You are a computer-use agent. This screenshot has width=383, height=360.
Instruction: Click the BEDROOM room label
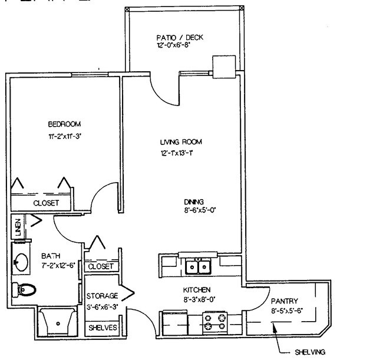pyautogui.click(x=64, y=124)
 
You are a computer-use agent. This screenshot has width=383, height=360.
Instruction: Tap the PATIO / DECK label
pyautogui.click(x=180, y=38)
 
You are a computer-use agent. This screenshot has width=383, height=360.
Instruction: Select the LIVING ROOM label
pyautogui.click(x=181, y=142)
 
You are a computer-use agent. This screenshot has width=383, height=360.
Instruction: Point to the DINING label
pyautogui.click(x=194, y=201)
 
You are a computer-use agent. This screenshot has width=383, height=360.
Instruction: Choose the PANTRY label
pyautogui.click(x=285, y=300)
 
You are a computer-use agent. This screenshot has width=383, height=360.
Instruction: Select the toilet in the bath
pyautogui.click(x=24, y=289)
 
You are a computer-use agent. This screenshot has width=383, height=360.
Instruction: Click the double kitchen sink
pyautogui.click(x=199, y=267)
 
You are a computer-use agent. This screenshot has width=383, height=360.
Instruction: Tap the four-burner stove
pyautogui.click(x=215, y=323)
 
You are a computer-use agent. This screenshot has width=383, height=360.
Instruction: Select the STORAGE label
pyautogui.click(x=102, y=296)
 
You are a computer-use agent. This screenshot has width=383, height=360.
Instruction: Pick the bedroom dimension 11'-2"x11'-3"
pyautogui.click(x=64, y=137)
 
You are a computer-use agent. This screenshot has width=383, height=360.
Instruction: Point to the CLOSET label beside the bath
pyautogui.click(x=100, y=267)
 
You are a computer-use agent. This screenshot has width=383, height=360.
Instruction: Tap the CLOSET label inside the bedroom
pyautogui.click(x=45, y=203)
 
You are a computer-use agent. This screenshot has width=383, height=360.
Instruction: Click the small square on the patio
pyautogui.click(x=224, y=66)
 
